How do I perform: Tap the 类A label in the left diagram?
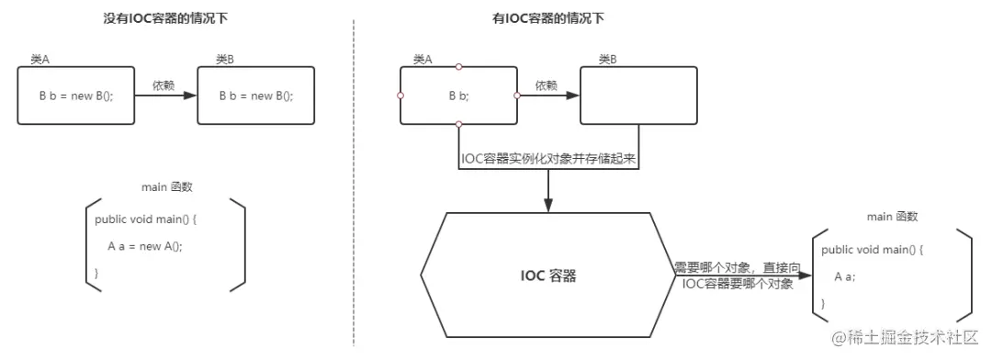click(39, 59)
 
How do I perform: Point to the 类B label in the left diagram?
click(225, 59)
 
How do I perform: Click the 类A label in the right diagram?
click(423, 59)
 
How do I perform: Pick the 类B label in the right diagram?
click(607, 59)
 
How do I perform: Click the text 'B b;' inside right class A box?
click(458, 95)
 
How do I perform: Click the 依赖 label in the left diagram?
click(163, 84)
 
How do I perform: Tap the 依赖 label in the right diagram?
click(546, 84)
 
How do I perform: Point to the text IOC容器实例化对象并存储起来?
click(549, 158)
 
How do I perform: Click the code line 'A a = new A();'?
click(151, 245)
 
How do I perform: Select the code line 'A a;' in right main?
click(845, 276)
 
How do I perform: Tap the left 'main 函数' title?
click(166, 187)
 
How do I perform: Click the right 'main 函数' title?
click(892, 217)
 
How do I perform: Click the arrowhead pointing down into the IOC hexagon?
click(548, 206)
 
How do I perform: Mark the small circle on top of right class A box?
click(458, 66)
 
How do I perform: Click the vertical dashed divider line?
click(354, 184)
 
